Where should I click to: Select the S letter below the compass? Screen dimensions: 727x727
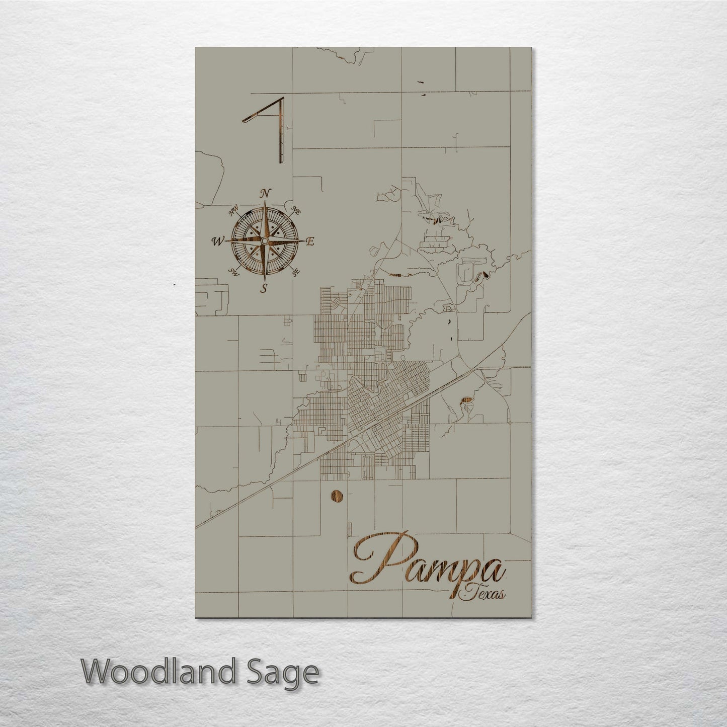[x=264, y=288]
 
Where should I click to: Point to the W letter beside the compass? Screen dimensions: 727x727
[x=218, y=241]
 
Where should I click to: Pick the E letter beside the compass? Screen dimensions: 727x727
[x=310, y=241]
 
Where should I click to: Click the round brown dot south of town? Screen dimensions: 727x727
[x=337, y=497]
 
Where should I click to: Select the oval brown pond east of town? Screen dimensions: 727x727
[x=466, y=401]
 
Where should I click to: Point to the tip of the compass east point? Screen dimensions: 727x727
[x=304, y=241]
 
